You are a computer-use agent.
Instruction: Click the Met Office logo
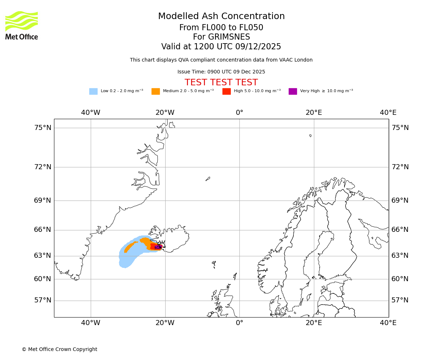click(22, 25)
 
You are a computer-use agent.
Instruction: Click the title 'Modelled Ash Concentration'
click(221, 17)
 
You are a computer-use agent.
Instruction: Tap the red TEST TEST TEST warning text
click(221, 83)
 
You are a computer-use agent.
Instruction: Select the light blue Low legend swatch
click(93, 91)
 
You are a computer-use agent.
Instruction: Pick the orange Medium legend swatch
click(156, 91)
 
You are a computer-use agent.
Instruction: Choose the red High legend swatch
click(226, 91)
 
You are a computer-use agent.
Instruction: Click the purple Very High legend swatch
click(293, 91)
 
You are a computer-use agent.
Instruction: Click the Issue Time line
click(221, 72)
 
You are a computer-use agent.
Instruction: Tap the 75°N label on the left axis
click(42, 128)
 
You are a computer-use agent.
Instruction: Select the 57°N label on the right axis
click(400, 300)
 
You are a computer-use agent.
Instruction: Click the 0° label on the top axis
click(239, 113)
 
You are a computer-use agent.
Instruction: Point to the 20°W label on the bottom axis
click(165, 323)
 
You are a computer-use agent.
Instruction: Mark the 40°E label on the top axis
click(388, 113)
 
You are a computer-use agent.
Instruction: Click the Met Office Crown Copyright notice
click(59, 350)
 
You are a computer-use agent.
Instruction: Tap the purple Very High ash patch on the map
click(158, 247)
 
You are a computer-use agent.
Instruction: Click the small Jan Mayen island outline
click(208, 179)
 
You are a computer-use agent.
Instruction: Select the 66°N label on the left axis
click(42, 230)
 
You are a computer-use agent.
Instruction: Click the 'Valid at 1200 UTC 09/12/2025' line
click(221, 47)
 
